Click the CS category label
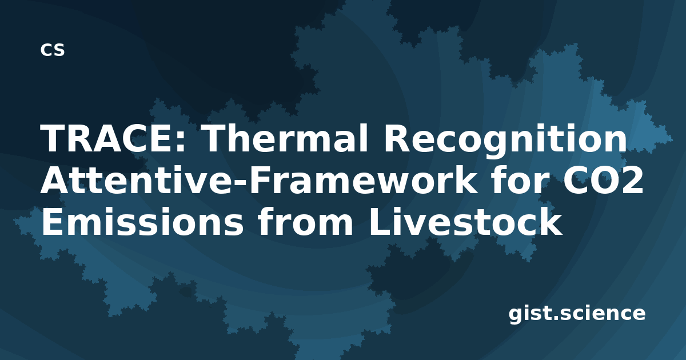click(x=53, y=50)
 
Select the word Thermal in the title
click(x=285, y=138)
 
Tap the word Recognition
click(x=505, y=141)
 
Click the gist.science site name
click(x=577, y=314)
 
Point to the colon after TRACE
click(x=181, y=142)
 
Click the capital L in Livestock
click(x=380, y=222)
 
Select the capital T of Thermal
click(x=216, y=138)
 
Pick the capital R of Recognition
click(x=397, y=138)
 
